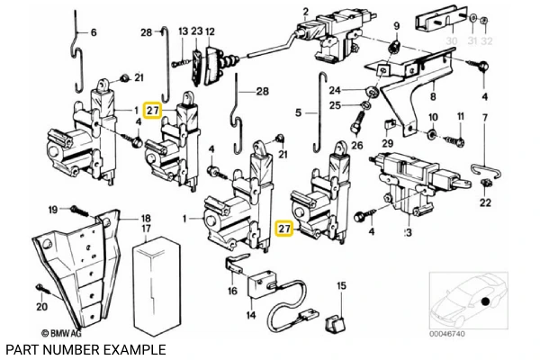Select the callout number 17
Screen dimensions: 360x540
click(x=145, y=229)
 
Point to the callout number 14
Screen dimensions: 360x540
click(x=250, y=315)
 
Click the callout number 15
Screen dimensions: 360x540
click(x=340, y=286)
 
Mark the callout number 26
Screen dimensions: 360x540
click(x=356, y=144)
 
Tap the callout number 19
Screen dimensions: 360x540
click(x=53, y=209)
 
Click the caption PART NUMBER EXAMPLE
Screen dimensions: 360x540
click(x=85, y=349)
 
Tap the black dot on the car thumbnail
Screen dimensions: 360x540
click(x=484, y=301)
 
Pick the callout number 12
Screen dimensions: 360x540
click(x=210, y=32)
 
